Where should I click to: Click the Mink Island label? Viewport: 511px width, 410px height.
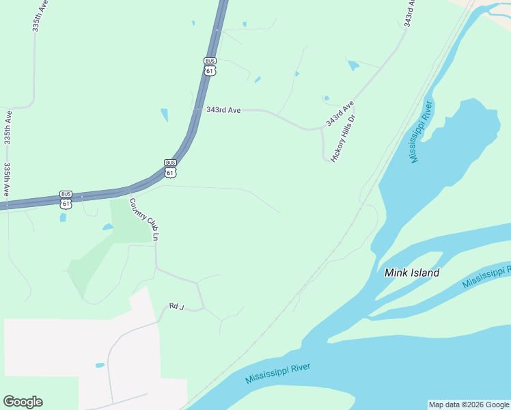click(x=412, y=273)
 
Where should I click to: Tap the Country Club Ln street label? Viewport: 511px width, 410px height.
click(x=144, y=219)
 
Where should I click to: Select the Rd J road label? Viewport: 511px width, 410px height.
click(x=177, y=307)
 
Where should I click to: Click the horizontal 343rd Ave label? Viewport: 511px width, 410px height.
click(x=223, y=109)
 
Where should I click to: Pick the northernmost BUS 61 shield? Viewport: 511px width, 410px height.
click(x=210, y=66)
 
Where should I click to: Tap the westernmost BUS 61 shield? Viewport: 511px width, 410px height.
click(x=66, y=199)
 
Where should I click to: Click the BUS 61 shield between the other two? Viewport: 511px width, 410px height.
click(x=170, y=167)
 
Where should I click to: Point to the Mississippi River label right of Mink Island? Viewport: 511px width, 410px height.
click(x=486, y=275)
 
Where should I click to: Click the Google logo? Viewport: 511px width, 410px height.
click(x=23, y=402)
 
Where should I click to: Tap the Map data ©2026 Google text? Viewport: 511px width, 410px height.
click(x=469, y=405)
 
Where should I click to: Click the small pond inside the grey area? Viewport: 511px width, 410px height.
click(x=100, y=366)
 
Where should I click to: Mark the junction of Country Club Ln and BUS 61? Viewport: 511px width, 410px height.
click(x=128, y=189)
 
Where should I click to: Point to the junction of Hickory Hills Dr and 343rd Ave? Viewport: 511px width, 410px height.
click(x=322, y=128)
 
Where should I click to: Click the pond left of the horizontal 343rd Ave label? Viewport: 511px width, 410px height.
click(x=164, y=115)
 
